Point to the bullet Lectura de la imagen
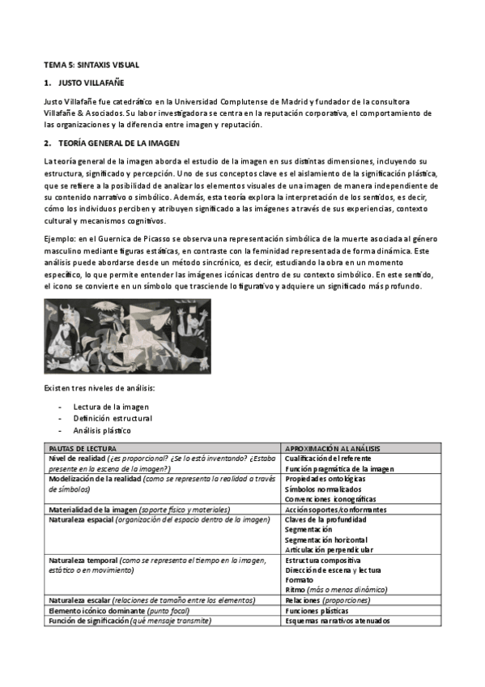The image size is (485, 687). click(x=111, y=406)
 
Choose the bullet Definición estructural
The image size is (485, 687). click(x=113, y=418)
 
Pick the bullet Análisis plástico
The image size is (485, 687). click(x=102, y=430)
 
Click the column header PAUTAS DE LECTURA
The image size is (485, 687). click(x=83, y=448)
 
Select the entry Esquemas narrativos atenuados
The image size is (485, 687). click(x=337, y=621)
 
